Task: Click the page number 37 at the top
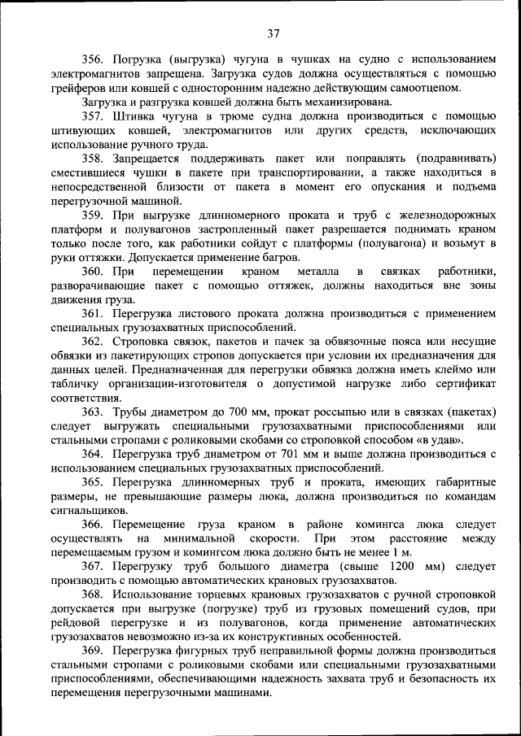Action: pyautogui.click(x=273, y=33)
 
